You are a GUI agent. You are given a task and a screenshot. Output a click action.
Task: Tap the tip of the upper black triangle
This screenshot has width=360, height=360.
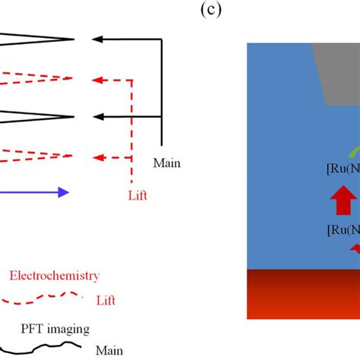point(73,39)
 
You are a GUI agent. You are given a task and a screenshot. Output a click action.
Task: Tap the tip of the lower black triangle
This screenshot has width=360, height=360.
point(73,116)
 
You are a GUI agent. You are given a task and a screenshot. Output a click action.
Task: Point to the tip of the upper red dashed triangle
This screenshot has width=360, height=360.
point(73,77)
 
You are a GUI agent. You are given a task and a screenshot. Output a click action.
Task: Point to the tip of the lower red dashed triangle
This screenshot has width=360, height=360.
point(73,156)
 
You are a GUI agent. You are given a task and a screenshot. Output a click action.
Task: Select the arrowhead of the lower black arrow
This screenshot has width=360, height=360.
point(96,116)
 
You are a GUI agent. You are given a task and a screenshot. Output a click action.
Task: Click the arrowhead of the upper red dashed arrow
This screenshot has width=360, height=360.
point(96,77)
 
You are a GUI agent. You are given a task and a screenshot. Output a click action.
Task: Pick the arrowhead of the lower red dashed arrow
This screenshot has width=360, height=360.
point(96,157)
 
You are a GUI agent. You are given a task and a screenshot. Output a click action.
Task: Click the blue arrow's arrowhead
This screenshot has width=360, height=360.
point(63,192)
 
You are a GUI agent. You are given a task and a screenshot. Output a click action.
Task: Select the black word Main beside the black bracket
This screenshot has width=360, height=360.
point(167,163)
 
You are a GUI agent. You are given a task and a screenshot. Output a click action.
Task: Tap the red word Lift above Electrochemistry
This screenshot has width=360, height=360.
point(137,195)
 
